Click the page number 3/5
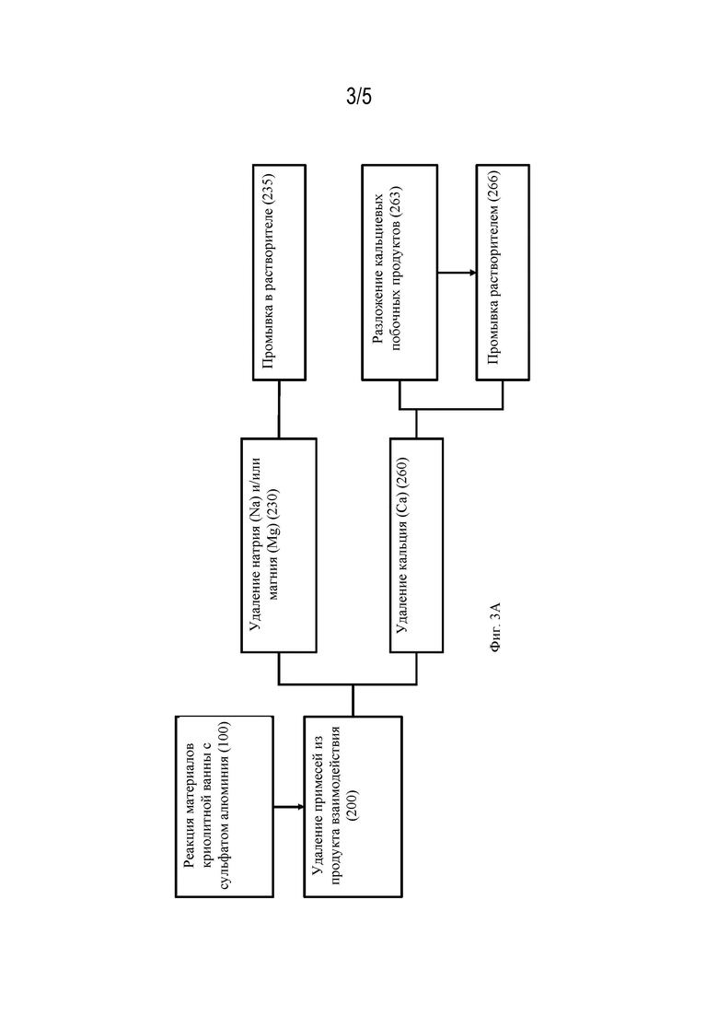coord(359,98)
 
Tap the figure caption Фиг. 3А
coord(495,627)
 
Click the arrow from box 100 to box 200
coord(289,807)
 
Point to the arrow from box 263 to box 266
coord(457,273)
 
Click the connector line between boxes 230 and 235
coord(279,410)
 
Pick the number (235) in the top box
coord(268,189)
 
